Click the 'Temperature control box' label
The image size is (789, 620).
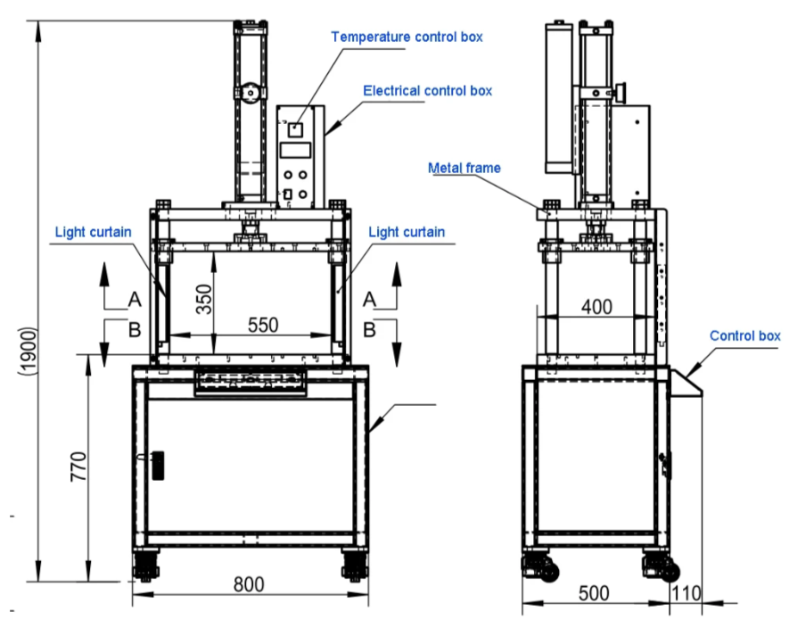pyautogui.click(x=407, y=37)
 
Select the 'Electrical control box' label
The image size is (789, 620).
pyautogui.click(x=427, y=90)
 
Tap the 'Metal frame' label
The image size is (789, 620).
pyautogui.click(x=464, y=168)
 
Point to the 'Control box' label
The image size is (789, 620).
pyautogui.click(x=744, y=336)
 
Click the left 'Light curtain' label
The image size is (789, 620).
pyautogui.click(x=94, y=232)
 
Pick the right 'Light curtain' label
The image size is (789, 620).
pyautogui.click(x=406, y=232)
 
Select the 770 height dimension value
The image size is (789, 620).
pyautogui.click(x=78, y=467)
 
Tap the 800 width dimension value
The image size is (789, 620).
pyautogui.click(x=249, y=585)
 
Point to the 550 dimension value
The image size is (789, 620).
pyautogui.click(x=263, y=325)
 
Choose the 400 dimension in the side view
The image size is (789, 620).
pyautogui.click(x=596, y=307)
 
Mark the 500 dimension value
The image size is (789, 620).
pyautogui.click(x=596, y=594)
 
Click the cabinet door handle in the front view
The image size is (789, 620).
pyautogui.click(x=158, y=465)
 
